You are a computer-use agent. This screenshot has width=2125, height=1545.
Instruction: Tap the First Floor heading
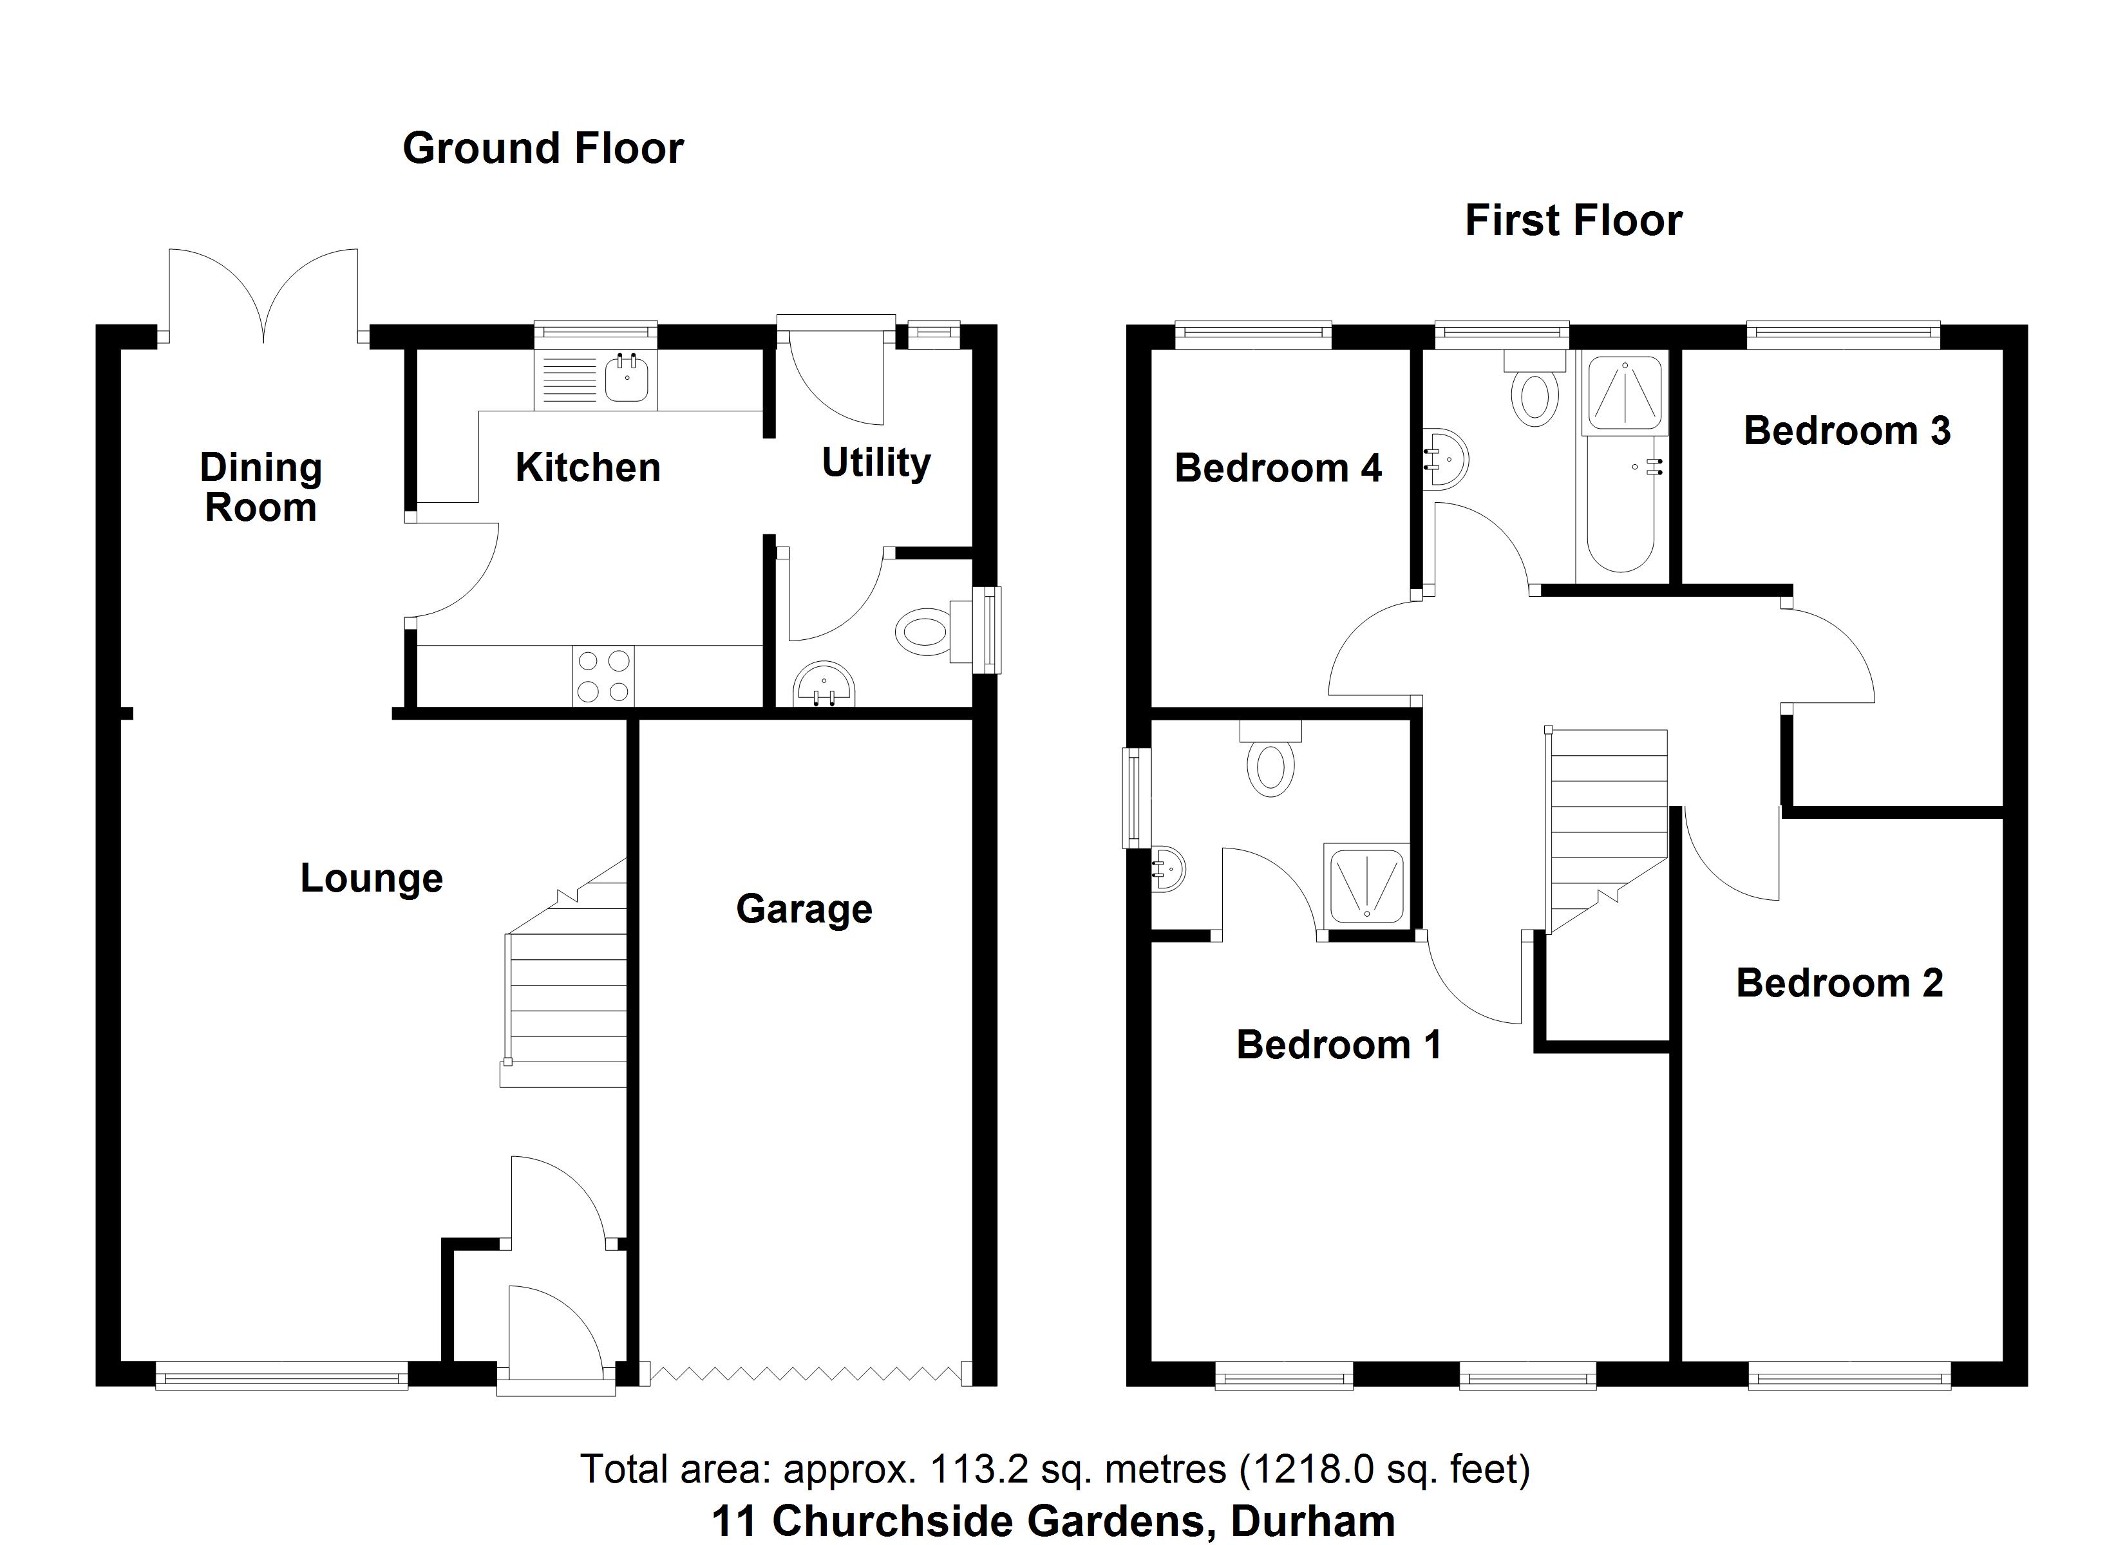pos(1573,221)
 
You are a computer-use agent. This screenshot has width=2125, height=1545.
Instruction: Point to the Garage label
pos(804,909)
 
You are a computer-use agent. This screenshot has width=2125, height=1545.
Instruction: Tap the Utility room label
pos(876,462)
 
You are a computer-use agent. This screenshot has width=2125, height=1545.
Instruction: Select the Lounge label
pos(371,878)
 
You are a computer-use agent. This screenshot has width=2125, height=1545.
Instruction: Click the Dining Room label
pos(260,487)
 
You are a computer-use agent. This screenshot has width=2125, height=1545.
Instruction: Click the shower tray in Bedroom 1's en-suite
pos(1366,885)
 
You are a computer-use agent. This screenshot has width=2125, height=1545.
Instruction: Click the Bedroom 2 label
pos(1839,983)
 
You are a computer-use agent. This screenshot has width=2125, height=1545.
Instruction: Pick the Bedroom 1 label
pos(1338,1045)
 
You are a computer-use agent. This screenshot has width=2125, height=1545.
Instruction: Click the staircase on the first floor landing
pos(1606,825)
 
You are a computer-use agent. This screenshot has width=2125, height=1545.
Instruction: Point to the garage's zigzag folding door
pos(806,1374)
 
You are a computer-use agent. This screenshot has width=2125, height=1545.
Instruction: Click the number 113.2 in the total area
pos(968,1469)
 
